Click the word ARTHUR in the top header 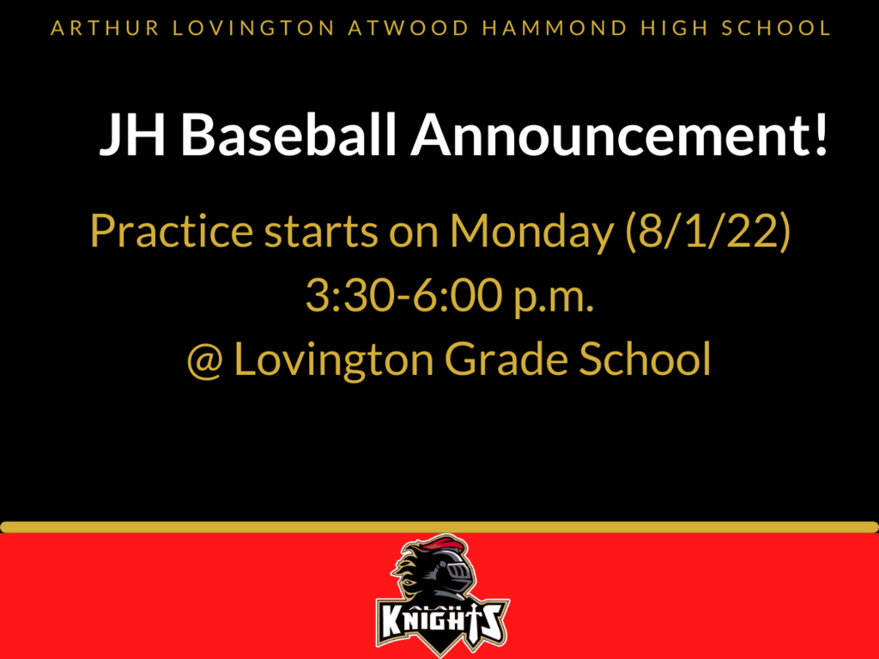coord(106,28)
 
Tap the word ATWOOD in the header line coord(408,28)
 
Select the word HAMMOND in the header coord(555,28)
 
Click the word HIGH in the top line coord(675,28)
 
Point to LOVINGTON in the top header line coord(253,28)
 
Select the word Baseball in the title coord(288,135)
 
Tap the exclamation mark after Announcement coord(821,135)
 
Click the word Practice coord(172,230)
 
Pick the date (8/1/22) coord(708,231)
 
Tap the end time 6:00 coord(458,295)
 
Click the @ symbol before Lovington coord(204,360)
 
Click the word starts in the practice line coord(321,232)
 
